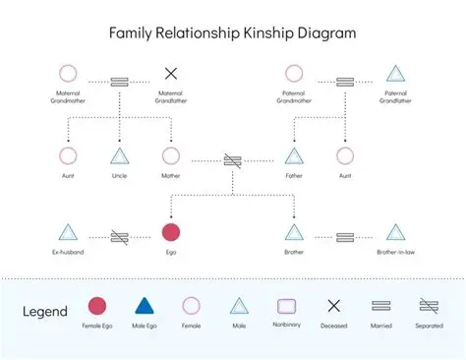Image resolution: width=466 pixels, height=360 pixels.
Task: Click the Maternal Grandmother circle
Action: pyautogui.click(x=68, y=73)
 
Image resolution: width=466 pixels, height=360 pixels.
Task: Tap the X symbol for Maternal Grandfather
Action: pyautogui.click(x=170, y=73)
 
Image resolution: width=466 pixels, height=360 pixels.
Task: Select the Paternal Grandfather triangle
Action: pyautogui.click(x=395, y=74)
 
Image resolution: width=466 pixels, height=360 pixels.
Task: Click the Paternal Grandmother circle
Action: pyautogui.click(x=293, y=73)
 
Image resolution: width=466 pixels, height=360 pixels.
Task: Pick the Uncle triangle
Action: pyautogui.click(x=119, y=155)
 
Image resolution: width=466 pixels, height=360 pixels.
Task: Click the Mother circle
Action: pyautogui.click(x=170, y=155)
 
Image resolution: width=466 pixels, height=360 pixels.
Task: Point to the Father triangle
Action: pyautogui.click(x=293, y=155)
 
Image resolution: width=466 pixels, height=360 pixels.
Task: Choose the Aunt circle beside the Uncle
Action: pyautogui.click(x=68, y=155)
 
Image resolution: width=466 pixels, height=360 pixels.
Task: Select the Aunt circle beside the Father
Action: pyautogui.click(x=344, y=155)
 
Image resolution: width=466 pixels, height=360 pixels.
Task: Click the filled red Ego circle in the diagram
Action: pyautogui.click(x=170, y=233)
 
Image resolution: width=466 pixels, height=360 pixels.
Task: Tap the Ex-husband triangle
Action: pyautogui.click(x=68, y=233)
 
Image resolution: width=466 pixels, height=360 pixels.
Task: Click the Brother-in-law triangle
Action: pyautogui.click(x=395, y=233)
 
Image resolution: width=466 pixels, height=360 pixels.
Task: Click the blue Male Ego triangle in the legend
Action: pyautogui.click(x=144, y=306)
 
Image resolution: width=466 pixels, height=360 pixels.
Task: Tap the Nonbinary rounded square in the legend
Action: pyautogui.click(x=286, y=306)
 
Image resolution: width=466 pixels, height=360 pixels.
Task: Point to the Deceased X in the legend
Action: pyautogui.click(x=333, y=306)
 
